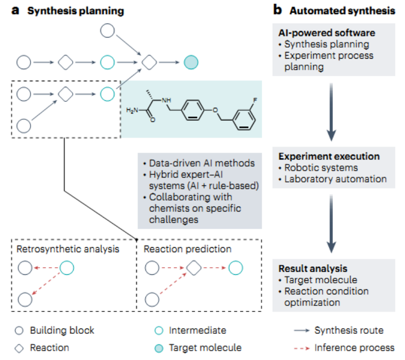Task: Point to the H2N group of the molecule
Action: click(x=133, y=110)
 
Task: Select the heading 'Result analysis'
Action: click(x=312, y=269)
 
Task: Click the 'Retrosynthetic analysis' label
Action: click(x=68, y=249)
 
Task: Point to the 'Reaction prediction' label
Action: click(x=187, y=249)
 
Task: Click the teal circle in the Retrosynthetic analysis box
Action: click(x=66, y=269)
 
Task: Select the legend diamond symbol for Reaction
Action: click(x=20, y=347)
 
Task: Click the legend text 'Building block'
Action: click(x=62, y=330)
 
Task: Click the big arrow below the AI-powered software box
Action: click(x=331, y=112)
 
